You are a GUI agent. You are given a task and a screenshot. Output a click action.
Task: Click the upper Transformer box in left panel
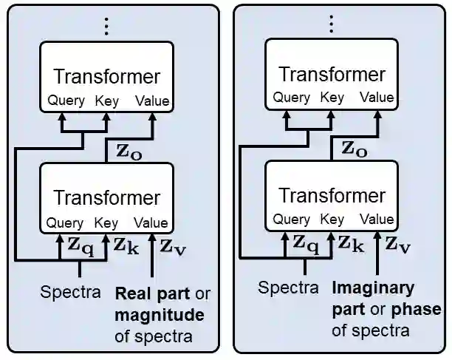(x=106, y=76)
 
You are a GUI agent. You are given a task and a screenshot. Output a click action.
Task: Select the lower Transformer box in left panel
(x=106, y=197)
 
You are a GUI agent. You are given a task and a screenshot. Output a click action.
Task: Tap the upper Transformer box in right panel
(x=332, y=73)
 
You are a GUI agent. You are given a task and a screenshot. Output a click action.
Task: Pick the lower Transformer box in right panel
(x=332, y=194)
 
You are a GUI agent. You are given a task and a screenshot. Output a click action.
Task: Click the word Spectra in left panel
(x=71, y=292)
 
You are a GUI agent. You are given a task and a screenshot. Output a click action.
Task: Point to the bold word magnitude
(x=158, y=316)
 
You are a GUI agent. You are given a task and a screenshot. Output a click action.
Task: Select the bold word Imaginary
(x=373, y=288)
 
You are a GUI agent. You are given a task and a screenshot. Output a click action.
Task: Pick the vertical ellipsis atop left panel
(x=106, y=27)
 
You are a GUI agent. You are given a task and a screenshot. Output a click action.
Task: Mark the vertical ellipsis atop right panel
(x=332, y=24)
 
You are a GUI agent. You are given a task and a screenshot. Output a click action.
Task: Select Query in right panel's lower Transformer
(x=291, y=219)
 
